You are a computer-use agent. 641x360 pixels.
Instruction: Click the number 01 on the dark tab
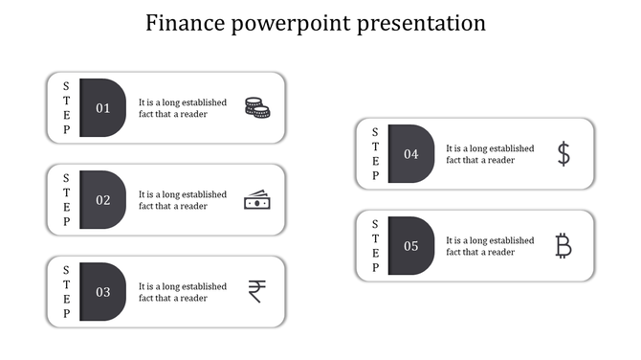point(103,108)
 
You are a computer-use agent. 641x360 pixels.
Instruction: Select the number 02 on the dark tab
point(103,200)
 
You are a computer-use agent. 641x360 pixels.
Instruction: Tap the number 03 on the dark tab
point(103,292)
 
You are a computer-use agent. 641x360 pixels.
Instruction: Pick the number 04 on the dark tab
point(411,154)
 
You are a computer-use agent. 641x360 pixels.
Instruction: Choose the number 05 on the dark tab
point(411,246)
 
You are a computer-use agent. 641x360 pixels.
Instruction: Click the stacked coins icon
point(256,107)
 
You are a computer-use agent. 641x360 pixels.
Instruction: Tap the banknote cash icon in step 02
point(256,200)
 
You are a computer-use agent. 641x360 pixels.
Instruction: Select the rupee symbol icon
point(256,291)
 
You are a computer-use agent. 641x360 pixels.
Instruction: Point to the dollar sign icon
point(564,153)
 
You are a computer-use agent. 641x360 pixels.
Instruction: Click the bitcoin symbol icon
point(564,246)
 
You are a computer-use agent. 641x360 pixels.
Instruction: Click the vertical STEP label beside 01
point(66,108)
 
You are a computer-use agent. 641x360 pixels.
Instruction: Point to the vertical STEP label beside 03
point(66,292)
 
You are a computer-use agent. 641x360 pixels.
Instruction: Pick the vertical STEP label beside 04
point(375,154)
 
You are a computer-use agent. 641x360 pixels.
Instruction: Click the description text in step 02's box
point(183,200)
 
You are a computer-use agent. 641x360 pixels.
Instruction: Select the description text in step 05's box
point(490,246)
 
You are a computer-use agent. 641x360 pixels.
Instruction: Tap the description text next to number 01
point(183,108)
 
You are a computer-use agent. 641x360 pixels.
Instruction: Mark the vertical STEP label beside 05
point(375,246)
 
